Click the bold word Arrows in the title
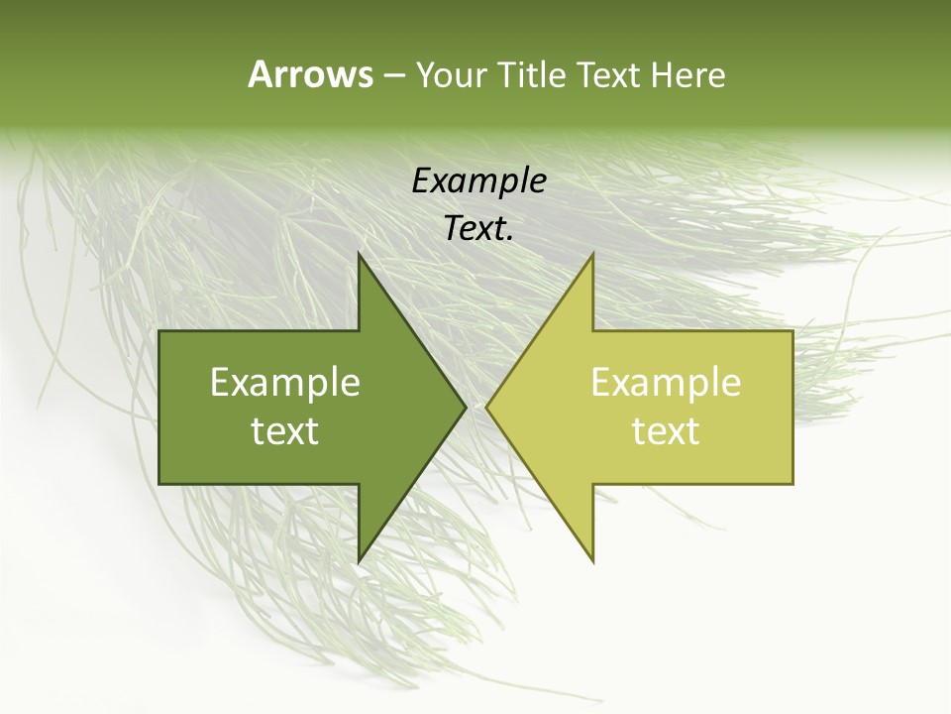tap(310, 74)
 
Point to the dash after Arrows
tap(393, 76)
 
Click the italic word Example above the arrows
tap(478, 181)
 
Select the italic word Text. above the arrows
tap(478, 229)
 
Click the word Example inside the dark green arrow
tap(285, 383)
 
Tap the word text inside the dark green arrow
tap(285, 431)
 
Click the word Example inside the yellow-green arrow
tap(666, 383)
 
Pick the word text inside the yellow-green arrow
tap(666, 431)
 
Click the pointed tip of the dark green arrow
tap(465, 408)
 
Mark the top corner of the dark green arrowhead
tap(360, 254)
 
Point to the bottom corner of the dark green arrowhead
tap(360, 561)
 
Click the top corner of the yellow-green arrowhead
tap(592, 254)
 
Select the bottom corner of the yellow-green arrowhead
tap(592, 561)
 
